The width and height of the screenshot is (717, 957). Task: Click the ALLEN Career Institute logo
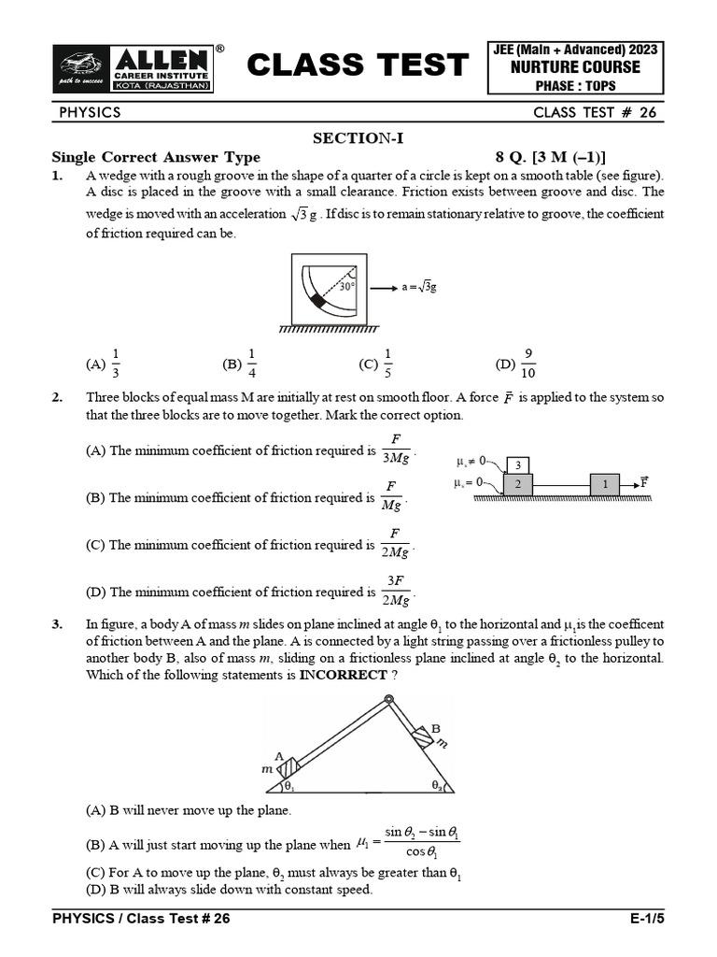point(134,68)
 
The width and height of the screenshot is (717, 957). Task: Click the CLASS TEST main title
point(358,64)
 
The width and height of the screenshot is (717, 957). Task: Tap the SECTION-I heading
point(358,138)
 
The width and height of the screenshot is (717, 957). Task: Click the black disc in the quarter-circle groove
point(317,300)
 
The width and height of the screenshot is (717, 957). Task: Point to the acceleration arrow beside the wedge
point(384,288)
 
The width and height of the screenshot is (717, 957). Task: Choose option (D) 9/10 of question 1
point(515,364)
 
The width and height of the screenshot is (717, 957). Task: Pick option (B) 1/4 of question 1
point(240,364)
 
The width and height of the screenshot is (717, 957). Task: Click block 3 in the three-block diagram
point(517,465)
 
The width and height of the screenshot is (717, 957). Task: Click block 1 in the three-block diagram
point(605,485)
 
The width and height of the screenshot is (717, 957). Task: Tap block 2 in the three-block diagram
point(517,485)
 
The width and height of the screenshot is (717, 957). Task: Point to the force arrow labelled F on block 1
point(630,485)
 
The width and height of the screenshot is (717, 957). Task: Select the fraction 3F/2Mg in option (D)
point(396,591)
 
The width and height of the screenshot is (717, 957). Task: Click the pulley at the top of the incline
point(388,699)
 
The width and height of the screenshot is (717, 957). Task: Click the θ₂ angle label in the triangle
point(437,785)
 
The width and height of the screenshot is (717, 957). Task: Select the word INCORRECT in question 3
point(344,675)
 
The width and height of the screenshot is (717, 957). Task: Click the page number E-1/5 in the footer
point(648,919)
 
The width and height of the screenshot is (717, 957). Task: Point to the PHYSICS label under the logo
point(91,112)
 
